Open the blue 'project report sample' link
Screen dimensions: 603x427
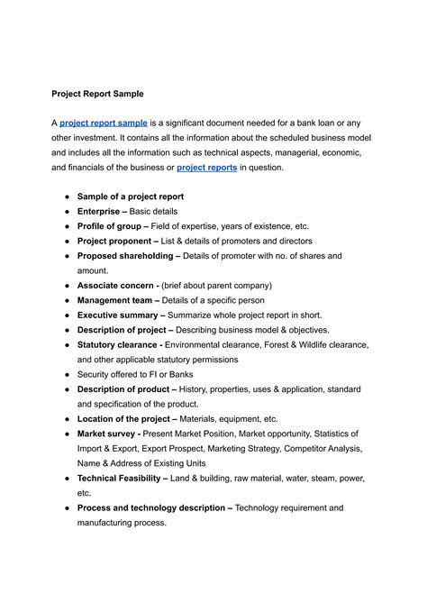click(x=104, y=123)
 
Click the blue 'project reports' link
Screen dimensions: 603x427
click(x=206, y=168)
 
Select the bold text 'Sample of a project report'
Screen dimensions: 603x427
click(x=131, y=196)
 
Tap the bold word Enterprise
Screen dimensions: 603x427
click(x=102, y=211)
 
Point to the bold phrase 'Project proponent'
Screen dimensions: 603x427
click(x=115, y=242)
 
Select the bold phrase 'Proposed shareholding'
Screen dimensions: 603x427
click(x=124, y=256)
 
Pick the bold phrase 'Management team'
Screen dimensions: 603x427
click(x=114, y=300)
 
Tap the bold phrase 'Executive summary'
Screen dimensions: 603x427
click(x=117, y=315)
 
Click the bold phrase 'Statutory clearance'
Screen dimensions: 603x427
click(x=120, y=344)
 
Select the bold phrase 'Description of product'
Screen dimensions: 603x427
click(x=125, y=389)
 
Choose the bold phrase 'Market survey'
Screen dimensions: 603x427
click(x=107, y=434)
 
